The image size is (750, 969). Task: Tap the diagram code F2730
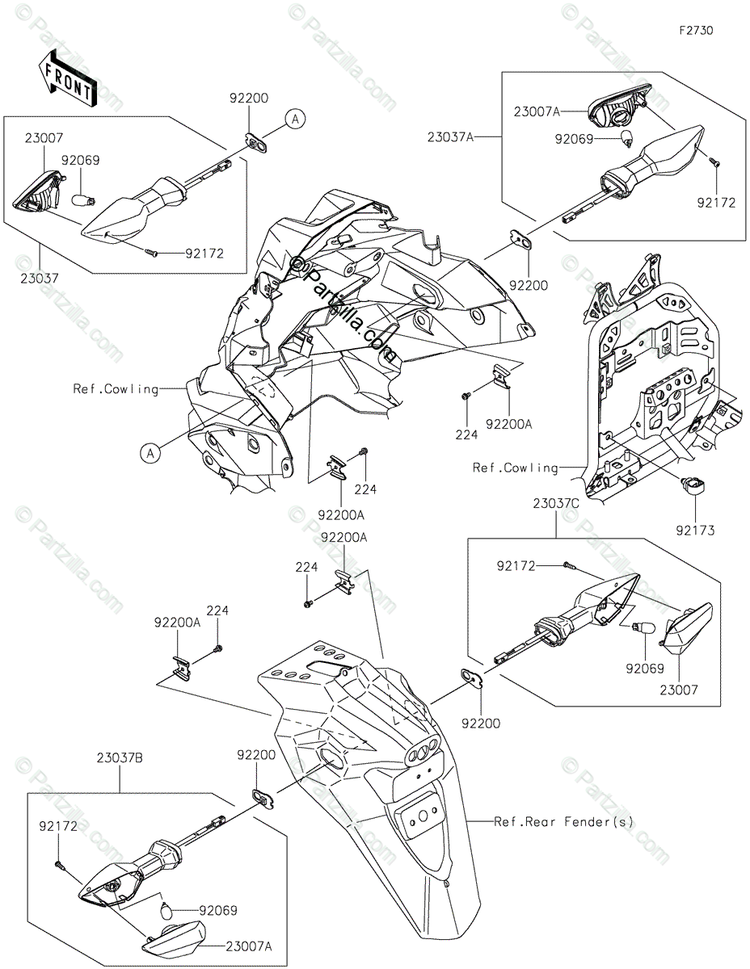pos(696,31)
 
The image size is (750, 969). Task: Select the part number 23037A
pos(451,137)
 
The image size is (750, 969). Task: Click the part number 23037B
pos(120,758)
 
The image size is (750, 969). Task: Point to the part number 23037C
pos(556,503)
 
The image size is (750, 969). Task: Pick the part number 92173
pos(695,531)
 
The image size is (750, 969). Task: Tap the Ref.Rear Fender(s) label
pos(564,822)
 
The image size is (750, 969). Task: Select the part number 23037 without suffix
pos(40,279)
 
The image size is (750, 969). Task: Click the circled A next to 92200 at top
pos(295,119)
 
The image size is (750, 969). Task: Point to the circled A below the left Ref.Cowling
pos(150,454)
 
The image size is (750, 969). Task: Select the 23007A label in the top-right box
pos(537,111)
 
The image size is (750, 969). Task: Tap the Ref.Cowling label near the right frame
pos(516,468)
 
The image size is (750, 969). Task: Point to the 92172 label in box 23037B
pos(58,826)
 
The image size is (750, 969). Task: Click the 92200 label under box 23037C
pos(481,724)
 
